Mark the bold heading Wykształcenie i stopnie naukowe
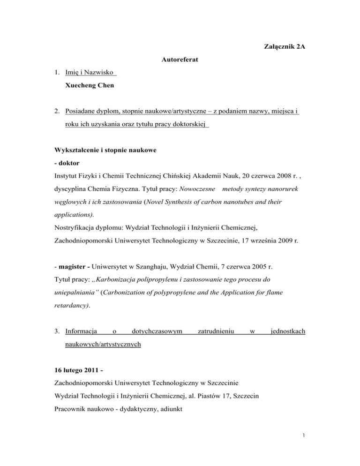point(110,151)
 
